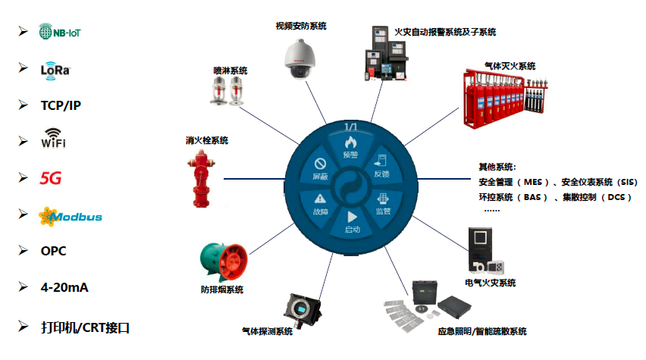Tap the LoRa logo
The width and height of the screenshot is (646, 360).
pos(55,69)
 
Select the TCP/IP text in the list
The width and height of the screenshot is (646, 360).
pos(61,105)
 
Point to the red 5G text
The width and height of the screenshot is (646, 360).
pos(51,178)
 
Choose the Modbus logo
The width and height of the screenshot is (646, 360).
pos(71,216)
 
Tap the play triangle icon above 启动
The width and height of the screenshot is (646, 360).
pos(352,215)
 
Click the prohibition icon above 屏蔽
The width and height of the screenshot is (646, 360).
pos(320,163)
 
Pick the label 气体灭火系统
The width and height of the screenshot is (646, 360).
pos(510,65)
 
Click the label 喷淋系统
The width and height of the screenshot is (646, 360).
pos(230,70)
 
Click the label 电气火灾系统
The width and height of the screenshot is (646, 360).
pos(491,283)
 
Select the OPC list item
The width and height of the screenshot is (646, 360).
pos(54,251)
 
